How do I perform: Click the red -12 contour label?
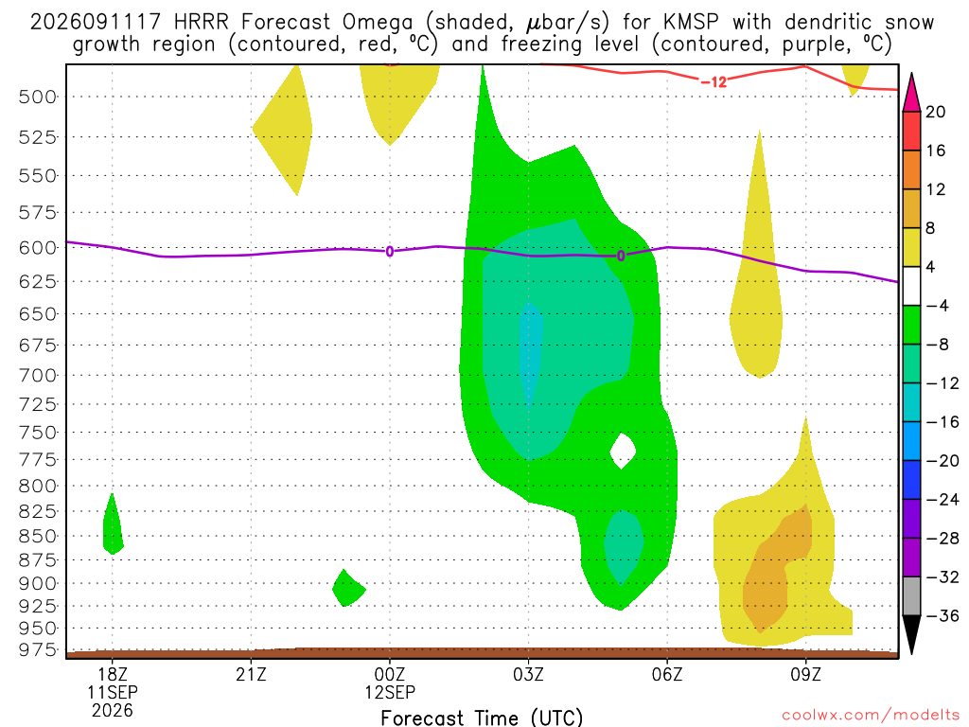pyautogui.click(x=714, y=81)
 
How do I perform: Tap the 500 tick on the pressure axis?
pyautogui.click(x=37, y=98)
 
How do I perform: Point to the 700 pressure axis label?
pyautogui.click(x=37, y=375)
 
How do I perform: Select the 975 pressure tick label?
pyautogui.click(x=37, y=649)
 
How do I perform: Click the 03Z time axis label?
pyautogui.click(x=528, y=674)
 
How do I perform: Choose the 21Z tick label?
pyautogui.click(x=251, y=674)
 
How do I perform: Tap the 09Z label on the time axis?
pyautogui.click(x=806, y=674)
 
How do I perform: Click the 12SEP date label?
pyautogui.click(x=390, y=692)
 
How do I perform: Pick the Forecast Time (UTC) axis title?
pyautogui.click(x=482, y=718)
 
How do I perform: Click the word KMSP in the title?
pyautogui.click(x=691, y=23)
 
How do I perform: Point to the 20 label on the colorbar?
pyautogui.click(x=935, y=112)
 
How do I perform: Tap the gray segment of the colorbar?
pyautogui.click(x=911, y=596)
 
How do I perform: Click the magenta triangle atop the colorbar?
pyautogui.click(x=911, y=93)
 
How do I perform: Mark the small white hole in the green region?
pyautogui.click(x=623, y=451)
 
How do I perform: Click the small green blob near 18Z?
pyautogui.click(x=113, y=524)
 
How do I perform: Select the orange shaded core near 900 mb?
pyautogui.click(x=777, y=568)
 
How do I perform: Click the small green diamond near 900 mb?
pyautogui.click(x=348, y=588)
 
